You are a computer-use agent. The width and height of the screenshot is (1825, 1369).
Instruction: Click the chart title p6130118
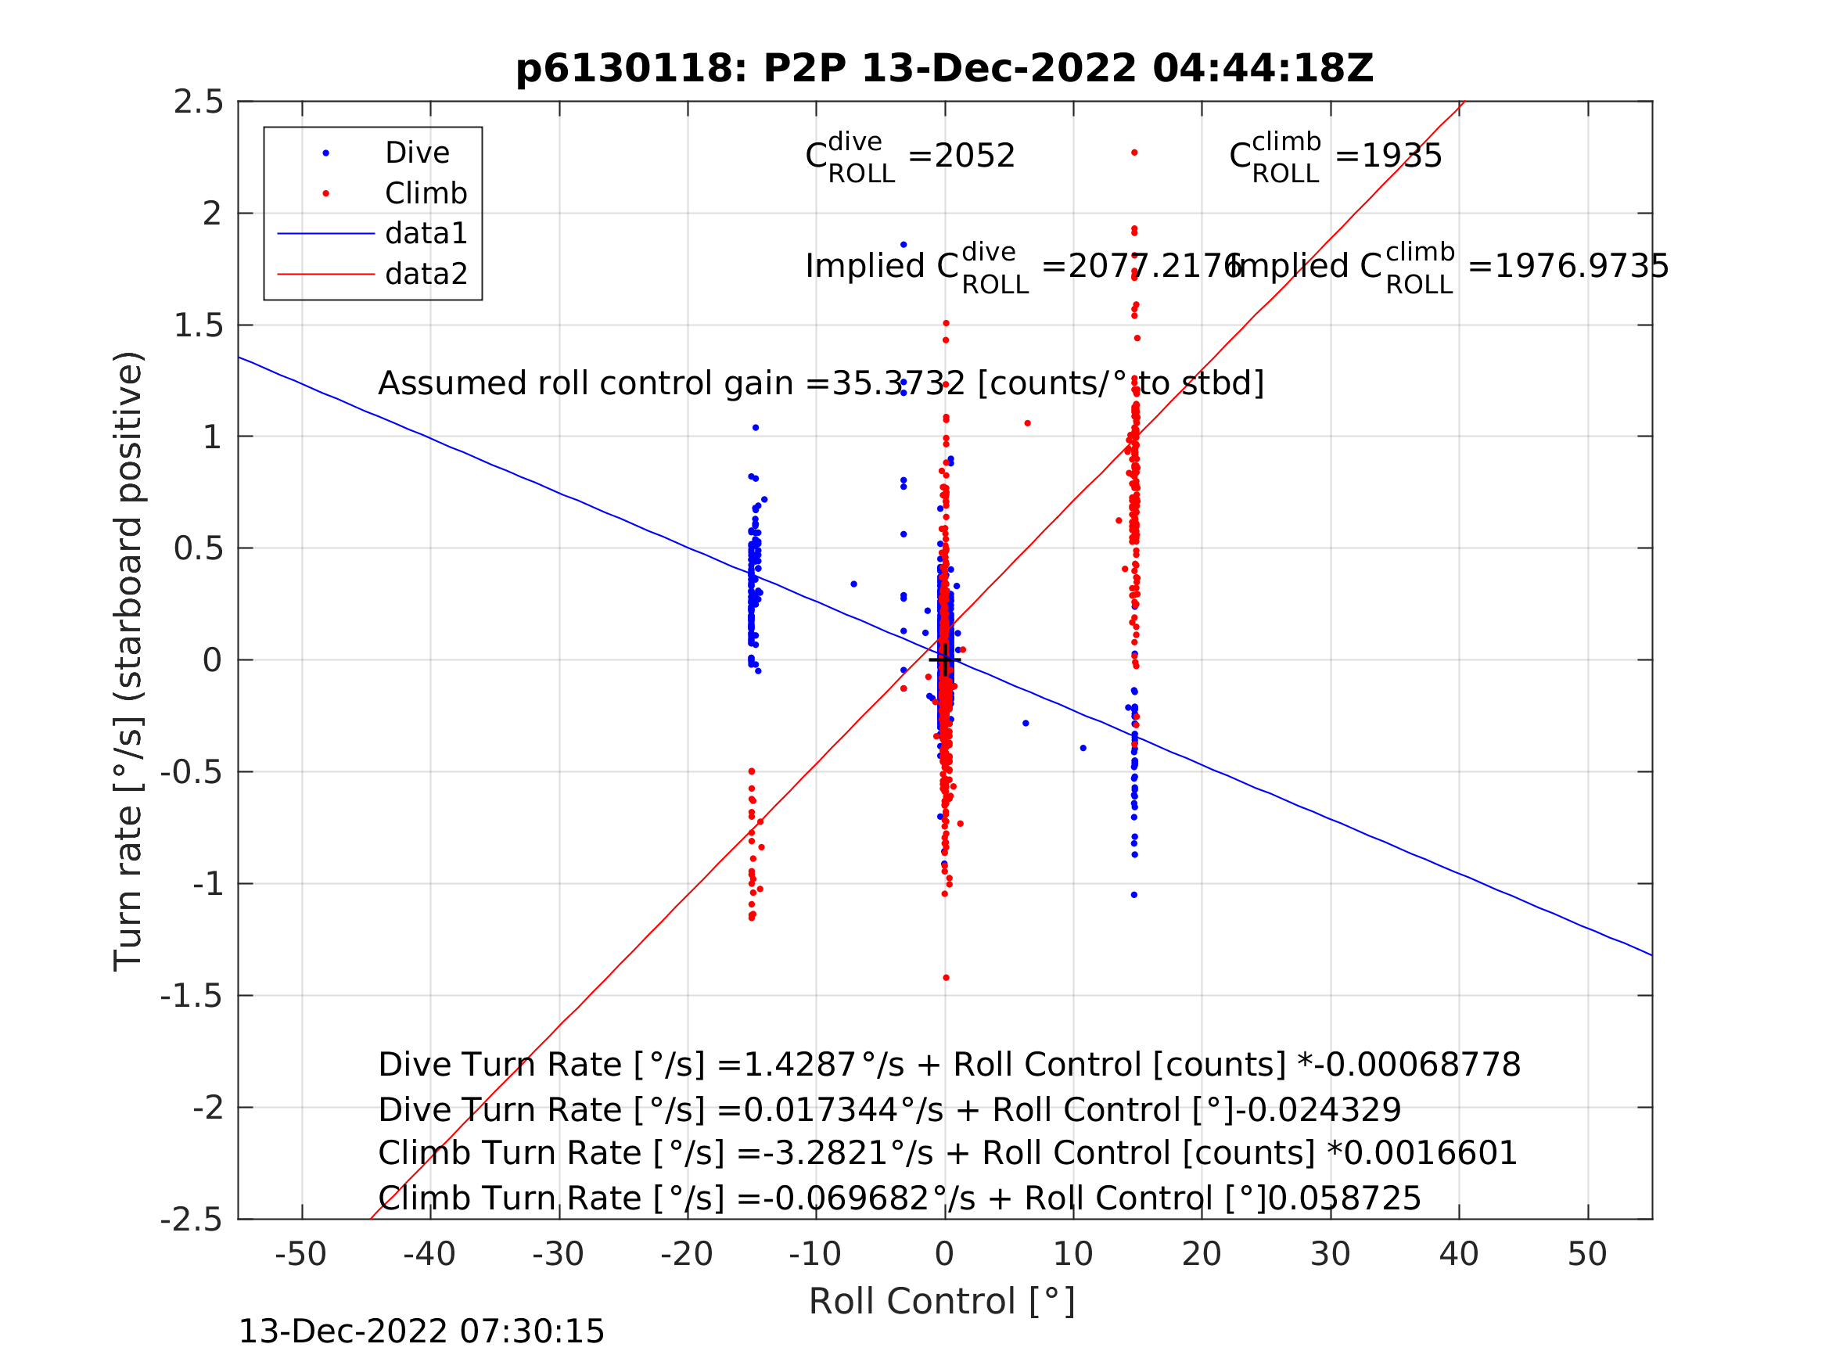944,69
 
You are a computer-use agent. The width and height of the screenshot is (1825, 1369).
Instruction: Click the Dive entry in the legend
417,153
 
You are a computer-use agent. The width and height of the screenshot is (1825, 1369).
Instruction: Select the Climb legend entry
426,193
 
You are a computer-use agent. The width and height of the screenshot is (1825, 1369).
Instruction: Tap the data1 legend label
426,234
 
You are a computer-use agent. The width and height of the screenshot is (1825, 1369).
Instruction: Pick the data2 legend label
426,273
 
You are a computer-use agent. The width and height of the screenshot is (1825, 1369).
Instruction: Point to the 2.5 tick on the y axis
198,102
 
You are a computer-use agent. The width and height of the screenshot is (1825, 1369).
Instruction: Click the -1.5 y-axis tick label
192,997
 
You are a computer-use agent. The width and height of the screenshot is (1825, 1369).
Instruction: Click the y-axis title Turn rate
129,661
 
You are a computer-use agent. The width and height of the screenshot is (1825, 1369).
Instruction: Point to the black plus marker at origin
945,660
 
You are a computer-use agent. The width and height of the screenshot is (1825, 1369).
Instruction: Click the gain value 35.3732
899,384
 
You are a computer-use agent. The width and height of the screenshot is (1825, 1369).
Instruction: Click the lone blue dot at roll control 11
1083,749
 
